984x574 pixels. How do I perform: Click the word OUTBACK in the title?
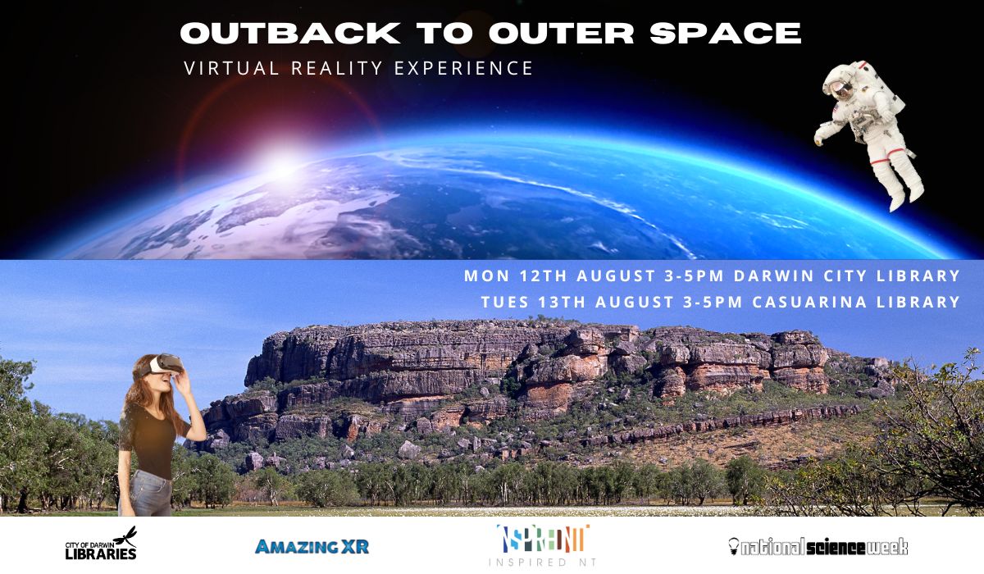290,33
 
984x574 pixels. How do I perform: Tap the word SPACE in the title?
726,33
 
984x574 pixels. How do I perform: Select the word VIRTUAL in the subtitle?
231,68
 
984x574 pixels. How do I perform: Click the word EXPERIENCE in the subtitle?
464,68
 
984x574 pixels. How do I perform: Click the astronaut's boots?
906,197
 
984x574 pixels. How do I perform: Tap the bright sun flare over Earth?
284,165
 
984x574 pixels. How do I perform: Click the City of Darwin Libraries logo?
101,544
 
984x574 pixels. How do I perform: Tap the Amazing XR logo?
312,547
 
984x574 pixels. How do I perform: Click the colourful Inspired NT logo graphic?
543,539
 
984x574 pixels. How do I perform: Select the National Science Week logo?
818,547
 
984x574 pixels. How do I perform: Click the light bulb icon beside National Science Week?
734,546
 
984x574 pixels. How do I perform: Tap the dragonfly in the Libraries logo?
126,535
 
